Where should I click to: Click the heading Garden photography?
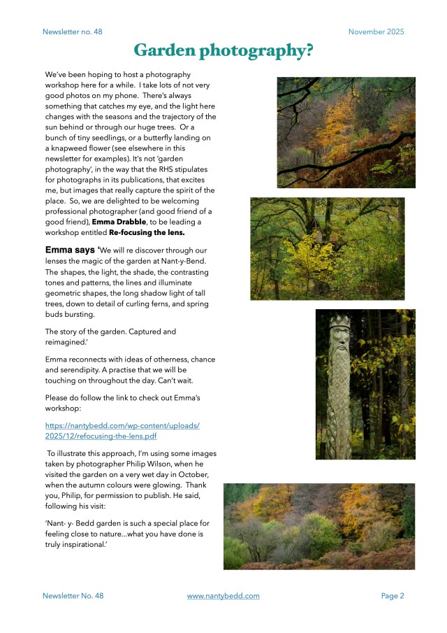(223, 50)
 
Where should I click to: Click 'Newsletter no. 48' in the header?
(72, 31)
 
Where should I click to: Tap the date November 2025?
(376, 31)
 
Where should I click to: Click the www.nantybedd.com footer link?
(223, 596)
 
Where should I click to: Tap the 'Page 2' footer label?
(393, 596)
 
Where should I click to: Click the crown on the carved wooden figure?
(339, 323)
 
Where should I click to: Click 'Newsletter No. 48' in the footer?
(73, 596)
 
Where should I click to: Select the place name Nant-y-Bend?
(189, 260)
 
